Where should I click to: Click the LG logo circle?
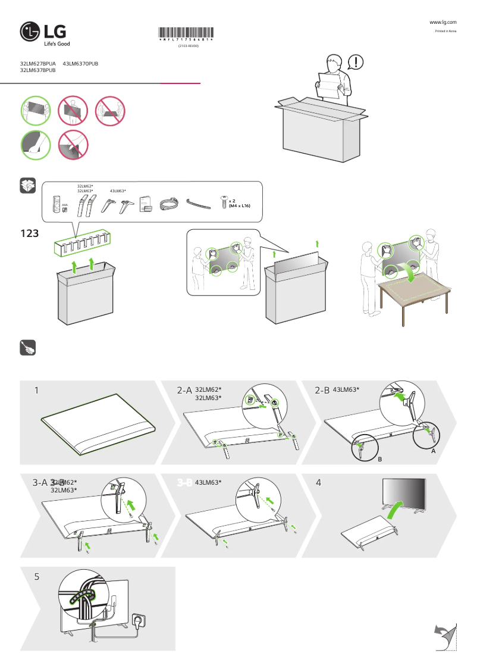pos(30,33)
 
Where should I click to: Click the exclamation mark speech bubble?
pos(355,61)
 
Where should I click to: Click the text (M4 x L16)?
pos(239,205)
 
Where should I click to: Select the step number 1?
pos(36,391)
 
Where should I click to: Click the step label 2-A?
pos(184,391)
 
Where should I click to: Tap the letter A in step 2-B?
pos(434,452)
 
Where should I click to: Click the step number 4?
pos(319,482)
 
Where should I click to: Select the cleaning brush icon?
pos(28,348)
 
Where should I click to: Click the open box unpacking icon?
pos(28,186)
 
